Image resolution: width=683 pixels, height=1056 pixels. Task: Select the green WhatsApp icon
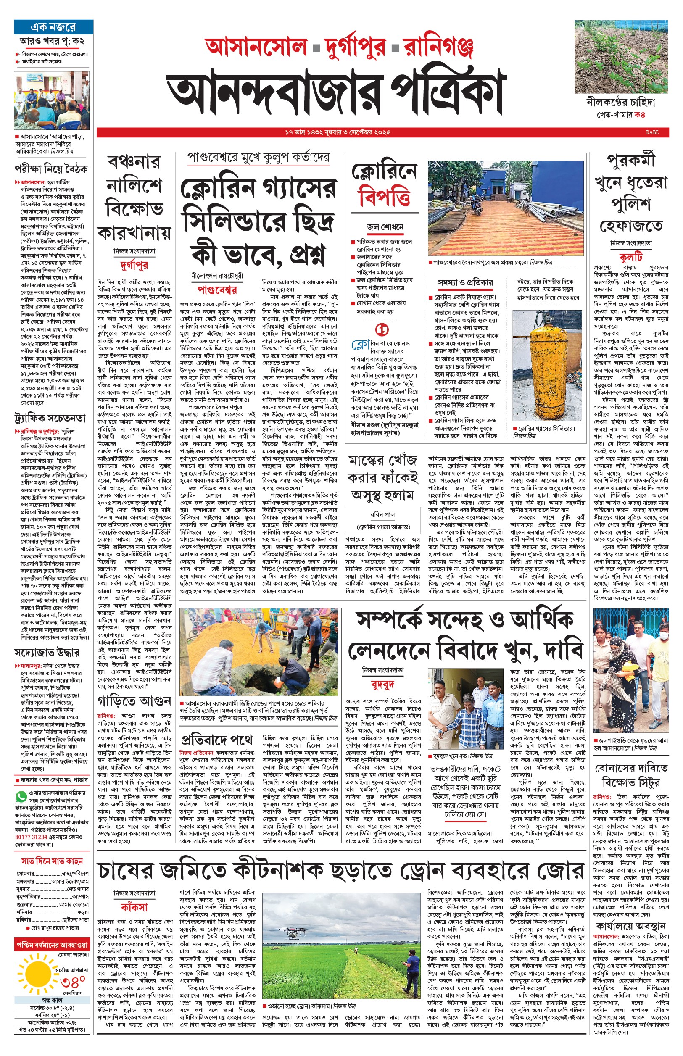tap(21, 797)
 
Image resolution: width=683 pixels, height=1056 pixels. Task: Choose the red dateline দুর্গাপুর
tap(134, 266)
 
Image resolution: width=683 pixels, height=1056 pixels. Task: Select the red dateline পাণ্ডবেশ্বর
tap(217, 290)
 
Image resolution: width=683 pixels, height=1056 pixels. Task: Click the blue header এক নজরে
tap(53, 27)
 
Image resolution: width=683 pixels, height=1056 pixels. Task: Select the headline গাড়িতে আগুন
tap(134, 701)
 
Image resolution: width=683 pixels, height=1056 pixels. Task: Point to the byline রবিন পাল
tap(383, 515)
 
